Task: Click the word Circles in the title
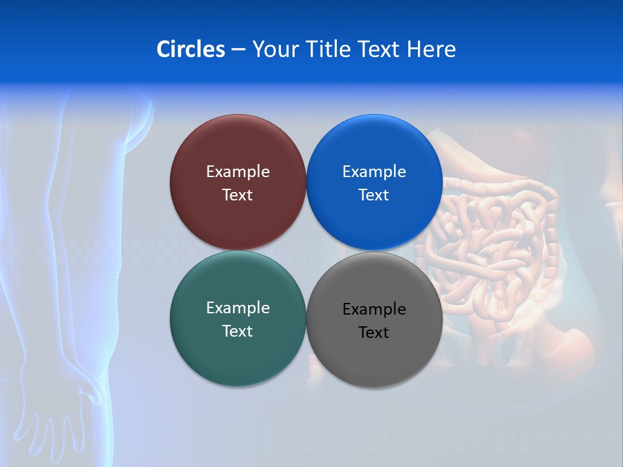[x=191, y=49]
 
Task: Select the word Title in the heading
[x=329, y=49]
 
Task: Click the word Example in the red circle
[x=238, y=172]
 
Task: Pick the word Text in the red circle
[x=238, y=195]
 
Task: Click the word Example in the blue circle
[x=374, y=172]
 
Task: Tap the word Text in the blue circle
[x=374, y=195]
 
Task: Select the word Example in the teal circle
[x=238, y=308]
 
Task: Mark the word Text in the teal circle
[x=238, y=331]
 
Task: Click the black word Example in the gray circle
[x=374, y=309]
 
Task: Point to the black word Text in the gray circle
[x=374, y=333]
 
